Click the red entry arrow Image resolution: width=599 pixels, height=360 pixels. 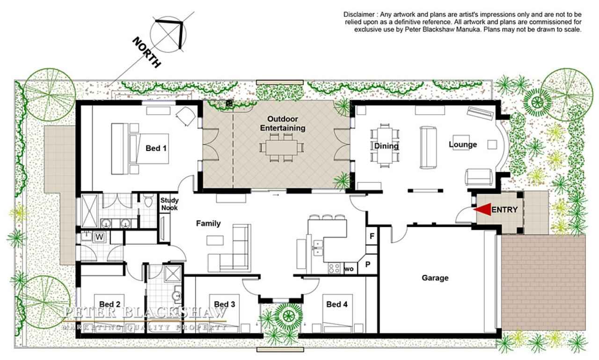482,209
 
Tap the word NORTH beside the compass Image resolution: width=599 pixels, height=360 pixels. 147,52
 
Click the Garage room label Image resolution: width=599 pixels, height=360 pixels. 435,278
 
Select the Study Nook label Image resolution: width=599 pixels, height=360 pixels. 169,204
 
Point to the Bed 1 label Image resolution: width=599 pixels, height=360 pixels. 156,148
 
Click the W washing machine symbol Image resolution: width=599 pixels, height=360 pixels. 100,237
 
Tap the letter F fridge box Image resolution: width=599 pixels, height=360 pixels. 372,236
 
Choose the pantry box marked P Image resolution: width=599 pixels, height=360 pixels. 368,264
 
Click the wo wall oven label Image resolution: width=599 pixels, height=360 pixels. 349,269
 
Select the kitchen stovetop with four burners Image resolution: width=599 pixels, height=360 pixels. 334,268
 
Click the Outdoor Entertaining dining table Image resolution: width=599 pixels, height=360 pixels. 282,147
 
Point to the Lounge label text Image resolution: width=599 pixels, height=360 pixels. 463,145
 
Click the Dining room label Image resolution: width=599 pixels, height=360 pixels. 386,146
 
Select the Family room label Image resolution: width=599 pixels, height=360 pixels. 208,223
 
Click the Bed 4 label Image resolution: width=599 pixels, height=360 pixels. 337,304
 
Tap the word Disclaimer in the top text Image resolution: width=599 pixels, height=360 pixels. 359,15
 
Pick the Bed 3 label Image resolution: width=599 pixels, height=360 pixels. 225,304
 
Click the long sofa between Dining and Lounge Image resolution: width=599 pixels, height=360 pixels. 428,147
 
